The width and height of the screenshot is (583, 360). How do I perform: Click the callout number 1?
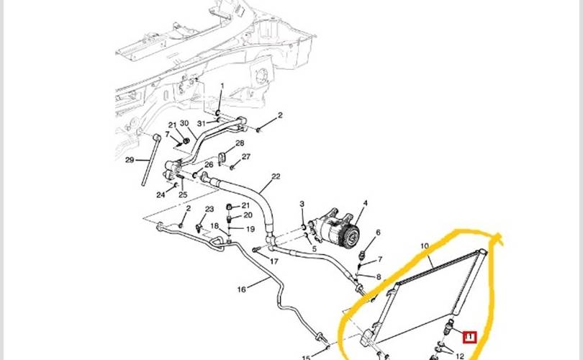point(222,86)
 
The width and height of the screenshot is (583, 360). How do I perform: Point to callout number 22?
point(276,176)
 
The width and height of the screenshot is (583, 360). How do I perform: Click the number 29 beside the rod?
point(130,160)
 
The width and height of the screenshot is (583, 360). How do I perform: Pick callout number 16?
point(242,289)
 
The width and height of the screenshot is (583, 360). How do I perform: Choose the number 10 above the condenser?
point(425,246)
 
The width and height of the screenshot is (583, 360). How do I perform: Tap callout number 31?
point(202,123)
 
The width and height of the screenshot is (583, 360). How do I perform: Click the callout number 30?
point(184,124)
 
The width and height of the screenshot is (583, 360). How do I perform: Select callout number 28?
point(240,143)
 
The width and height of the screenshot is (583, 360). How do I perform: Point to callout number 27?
point(246,157)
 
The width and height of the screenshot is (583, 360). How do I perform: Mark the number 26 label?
point(209,165)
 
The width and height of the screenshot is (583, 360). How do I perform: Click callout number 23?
point(209,210)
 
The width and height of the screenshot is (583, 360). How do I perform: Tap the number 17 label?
point(274,261)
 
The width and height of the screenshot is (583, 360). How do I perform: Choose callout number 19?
point(250,229)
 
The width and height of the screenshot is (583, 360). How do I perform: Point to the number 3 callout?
point(302,205)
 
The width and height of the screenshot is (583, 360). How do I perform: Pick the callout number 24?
point(161,194)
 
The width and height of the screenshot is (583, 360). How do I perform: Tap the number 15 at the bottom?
point(305,357)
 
